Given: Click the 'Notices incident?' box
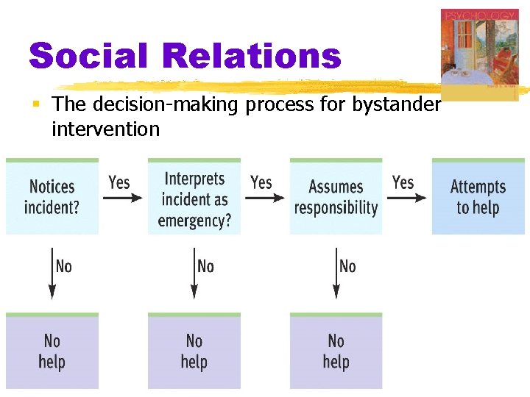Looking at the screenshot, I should tap(52, 197).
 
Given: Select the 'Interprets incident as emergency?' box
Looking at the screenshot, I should tap(194, 197).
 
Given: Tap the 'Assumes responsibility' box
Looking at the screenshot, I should tap(336, 197).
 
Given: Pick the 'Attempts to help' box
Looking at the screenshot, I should tap(478, 197).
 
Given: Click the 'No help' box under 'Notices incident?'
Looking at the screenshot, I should tap(52, 351).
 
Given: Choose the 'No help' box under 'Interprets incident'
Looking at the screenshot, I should tap(194, 351).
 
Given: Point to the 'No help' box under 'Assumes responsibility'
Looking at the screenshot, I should tap(336, 351).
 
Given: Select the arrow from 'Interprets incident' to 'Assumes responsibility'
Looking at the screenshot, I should tap(265, 197).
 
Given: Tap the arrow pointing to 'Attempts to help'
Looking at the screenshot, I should tap(407, 197).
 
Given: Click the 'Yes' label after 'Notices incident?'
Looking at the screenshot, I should tap(119, 182).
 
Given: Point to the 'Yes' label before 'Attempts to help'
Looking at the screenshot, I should tap(403, 182).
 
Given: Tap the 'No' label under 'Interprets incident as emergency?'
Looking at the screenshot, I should tap(206, 266).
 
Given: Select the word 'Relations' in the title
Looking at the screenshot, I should tap(252, 56).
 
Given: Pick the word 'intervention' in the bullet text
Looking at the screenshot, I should tap(105, 129).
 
